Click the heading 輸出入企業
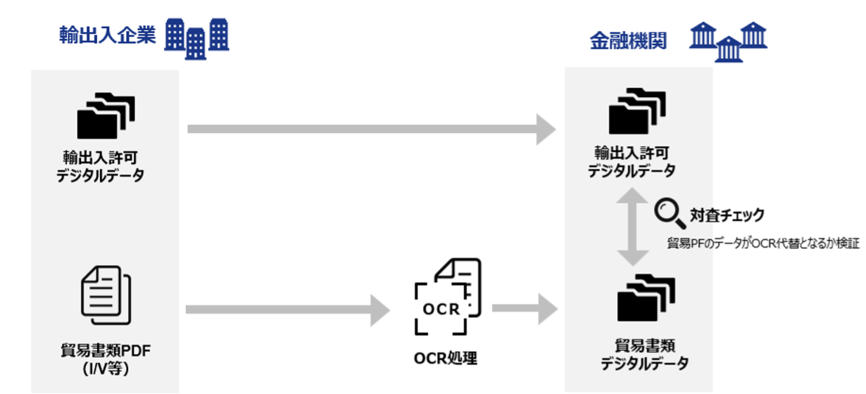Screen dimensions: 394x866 coord(107,36)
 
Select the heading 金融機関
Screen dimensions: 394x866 coord(628,41)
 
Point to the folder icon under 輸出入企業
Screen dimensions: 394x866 coord(106,115)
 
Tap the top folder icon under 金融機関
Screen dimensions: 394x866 coord(638,110)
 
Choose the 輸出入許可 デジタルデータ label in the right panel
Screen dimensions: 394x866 coord(632,161)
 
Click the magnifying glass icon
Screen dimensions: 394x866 coord(670,213)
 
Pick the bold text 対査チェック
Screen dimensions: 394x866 coord(727,215)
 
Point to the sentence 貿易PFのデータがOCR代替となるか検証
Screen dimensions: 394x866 coord(763,243)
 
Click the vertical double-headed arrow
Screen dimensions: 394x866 coord(632,229)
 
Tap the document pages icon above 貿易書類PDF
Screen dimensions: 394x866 coord(106,292)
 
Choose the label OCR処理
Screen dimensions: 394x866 coord(446,358)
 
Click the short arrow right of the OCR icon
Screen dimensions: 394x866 coord(524,309)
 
